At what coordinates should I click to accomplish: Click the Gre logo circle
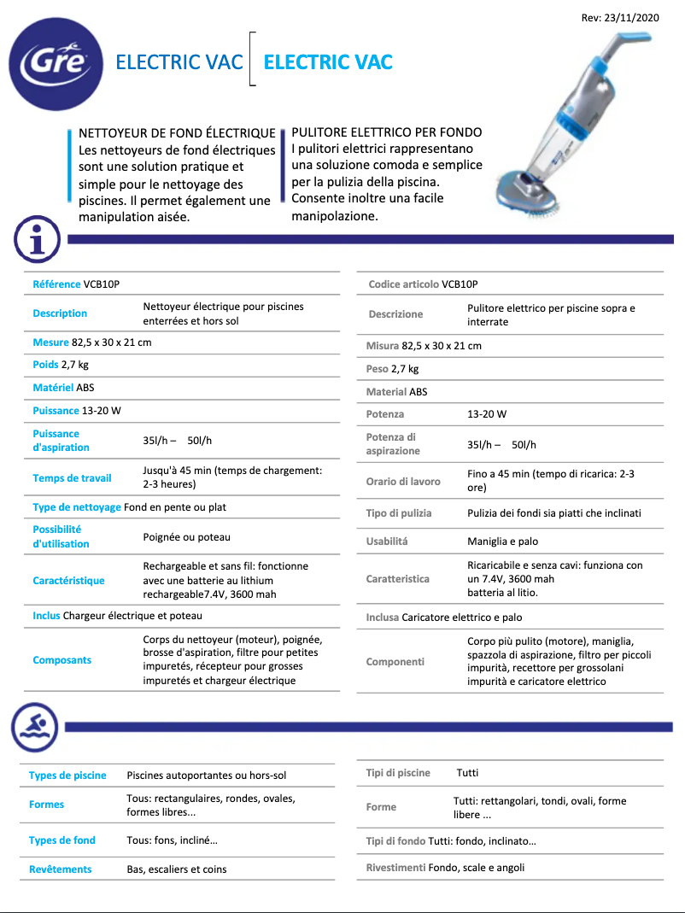click(56, 64)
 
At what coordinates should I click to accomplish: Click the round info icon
click(37, 238)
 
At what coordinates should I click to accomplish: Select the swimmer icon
click(35, 727)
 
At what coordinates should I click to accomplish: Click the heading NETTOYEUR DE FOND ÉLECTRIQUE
click(177, 133)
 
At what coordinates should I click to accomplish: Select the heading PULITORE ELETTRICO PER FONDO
click(386, 132)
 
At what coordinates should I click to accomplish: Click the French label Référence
click(56, 284)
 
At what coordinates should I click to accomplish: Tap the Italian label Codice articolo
click(403, 284)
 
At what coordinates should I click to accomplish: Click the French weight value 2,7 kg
click(75, 365)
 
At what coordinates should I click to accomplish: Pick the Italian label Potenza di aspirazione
click(393, 444)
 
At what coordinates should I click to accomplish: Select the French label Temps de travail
click(72, 478)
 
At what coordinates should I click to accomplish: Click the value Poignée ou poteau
click(186, 537)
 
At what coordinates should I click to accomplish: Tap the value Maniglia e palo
click(502, 541)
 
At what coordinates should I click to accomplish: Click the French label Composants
click(61, 660)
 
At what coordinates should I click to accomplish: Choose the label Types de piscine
click(67, 775)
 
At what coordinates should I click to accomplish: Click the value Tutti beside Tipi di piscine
click(467, 773)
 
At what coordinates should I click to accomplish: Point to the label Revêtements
click(60, 869)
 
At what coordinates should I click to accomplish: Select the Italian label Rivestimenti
click(395, 868)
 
